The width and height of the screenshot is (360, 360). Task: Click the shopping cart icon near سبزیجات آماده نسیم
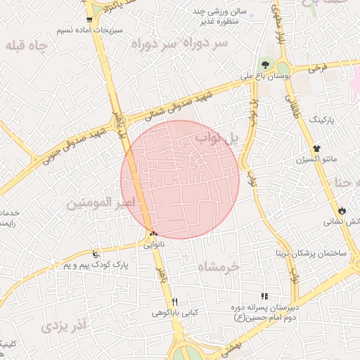89,20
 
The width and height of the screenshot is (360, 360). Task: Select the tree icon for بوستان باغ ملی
265,65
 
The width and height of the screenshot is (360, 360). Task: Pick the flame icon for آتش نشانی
342,210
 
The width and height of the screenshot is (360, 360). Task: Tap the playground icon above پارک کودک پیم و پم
96,254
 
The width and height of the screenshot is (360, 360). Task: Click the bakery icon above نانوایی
153,234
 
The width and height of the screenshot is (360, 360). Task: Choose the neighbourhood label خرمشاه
219,267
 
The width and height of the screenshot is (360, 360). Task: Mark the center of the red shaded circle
181,179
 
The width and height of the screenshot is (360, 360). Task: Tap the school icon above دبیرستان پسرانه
265,297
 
